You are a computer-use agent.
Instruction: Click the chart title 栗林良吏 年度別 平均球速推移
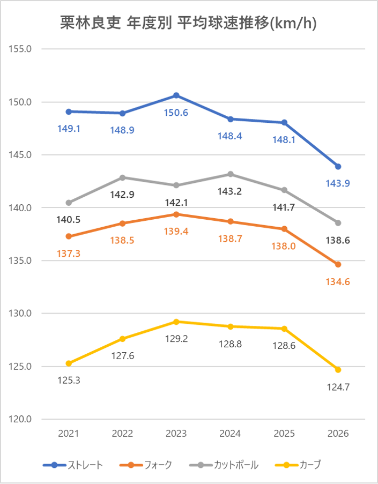point(189,23)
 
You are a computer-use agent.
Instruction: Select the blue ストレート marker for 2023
point(176,95)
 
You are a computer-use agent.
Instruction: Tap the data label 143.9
point(338,183)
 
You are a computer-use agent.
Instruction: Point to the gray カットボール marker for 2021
point(69,203)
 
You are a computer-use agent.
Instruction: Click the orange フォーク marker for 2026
point(338,264)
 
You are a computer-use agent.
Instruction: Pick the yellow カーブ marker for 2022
point(123,339)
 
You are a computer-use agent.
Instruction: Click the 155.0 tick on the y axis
point(21,49)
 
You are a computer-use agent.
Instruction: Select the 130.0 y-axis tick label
point(21,314)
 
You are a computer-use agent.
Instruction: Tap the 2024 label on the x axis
point(231,434)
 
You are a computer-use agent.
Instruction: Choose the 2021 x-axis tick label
point(69,434)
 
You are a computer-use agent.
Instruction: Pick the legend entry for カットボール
point(225,465)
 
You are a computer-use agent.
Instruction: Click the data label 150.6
point(176,113)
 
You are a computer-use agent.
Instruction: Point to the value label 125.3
point(69,381)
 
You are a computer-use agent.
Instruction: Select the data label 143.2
point(231,191)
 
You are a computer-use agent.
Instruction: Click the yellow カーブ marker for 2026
point(338,370)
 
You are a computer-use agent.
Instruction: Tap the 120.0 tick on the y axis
point(21,420)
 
